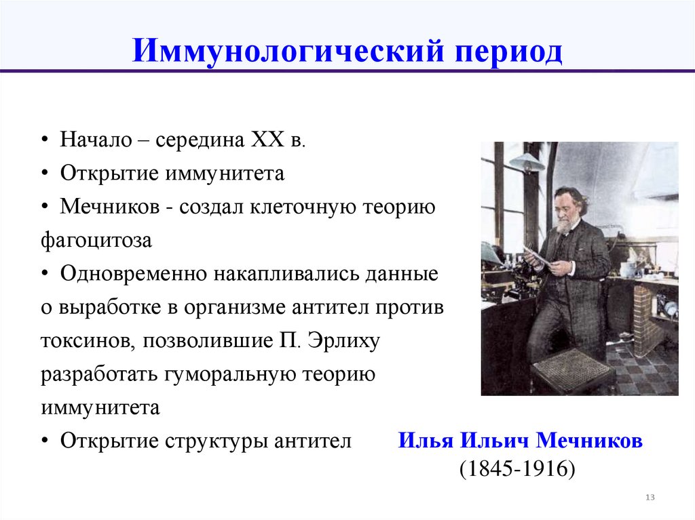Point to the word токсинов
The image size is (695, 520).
click(x=86, y=340)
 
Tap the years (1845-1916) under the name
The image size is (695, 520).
click(x=517, y=469)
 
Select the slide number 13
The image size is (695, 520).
click(x=650, y=498)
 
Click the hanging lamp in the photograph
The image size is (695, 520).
click(x=527, y=162)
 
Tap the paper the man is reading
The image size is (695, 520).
click(x=536, y=256)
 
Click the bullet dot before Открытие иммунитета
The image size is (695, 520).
click(x=45, y=174)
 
